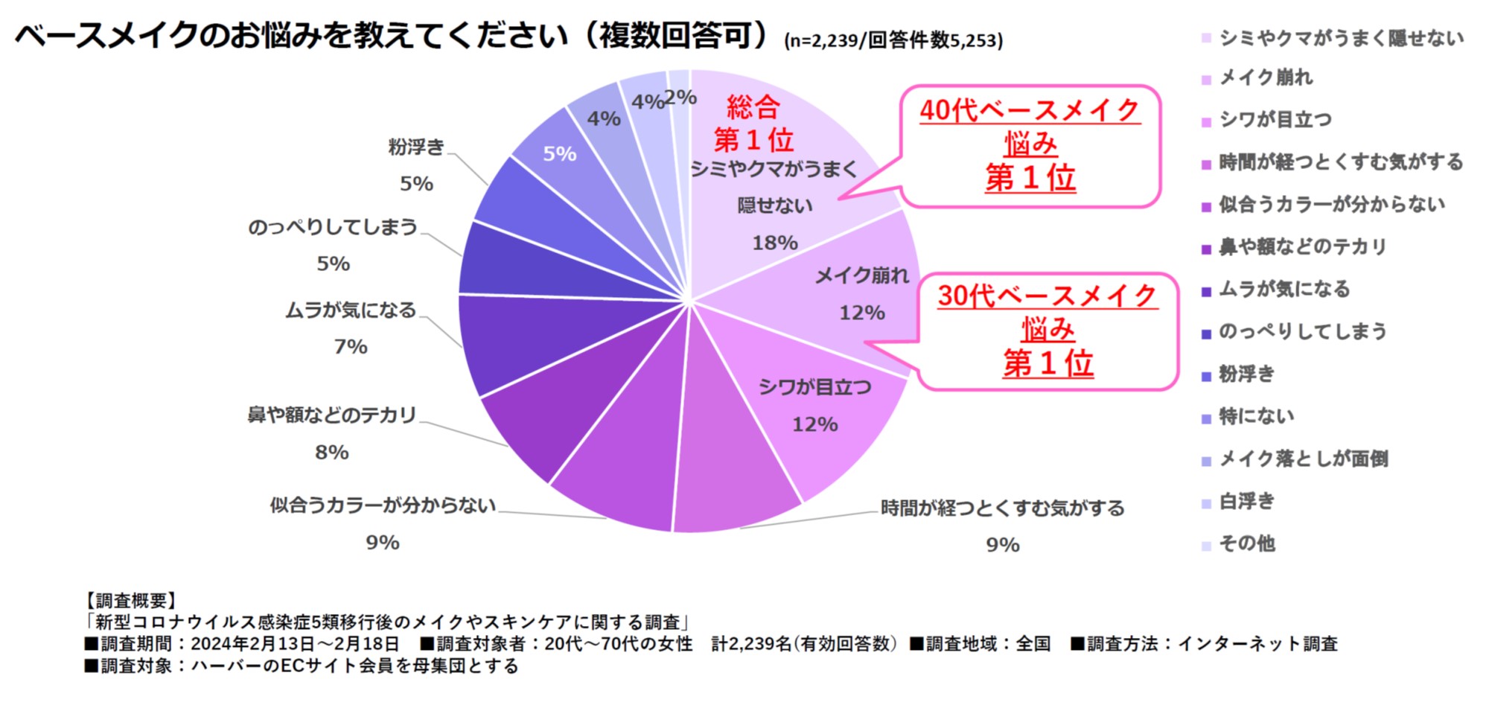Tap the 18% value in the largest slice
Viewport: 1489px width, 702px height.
click(774, 243)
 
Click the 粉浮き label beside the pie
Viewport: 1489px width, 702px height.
click(416, 147)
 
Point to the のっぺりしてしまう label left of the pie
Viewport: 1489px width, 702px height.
click(333, 227)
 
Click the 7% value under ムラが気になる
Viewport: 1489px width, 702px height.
click(351, 347)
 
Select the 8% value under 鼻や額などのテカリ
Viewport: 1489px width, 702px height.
click(332, 453)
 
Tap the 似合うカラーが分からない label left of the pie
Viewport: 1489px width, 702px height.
click(383, 506)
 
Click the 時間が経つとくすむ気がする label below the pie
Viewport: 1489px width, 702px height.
click(1002, 508)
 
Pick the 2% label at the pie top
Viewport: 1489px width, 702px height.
click(680, 97)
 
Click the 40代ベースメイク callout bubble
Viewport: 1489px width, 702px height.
click(1030, 145)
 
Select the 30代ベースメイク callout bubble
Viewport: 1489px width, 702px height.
click(1048, 331)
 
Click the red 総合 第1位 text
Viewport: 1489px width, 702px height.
click(753, 124)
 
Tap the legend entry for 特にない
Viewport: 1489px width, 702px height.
click(1256, 417)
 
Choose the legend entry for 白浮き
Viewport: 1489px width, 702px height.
click(1246, 502)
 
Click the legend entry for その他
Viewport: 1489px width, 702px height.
click(1246, 544)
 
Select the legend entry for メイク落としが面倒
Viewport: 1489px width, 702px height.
click(1303, 459)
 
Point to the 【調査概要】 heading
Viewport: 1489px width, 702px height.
click(130, 601)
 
